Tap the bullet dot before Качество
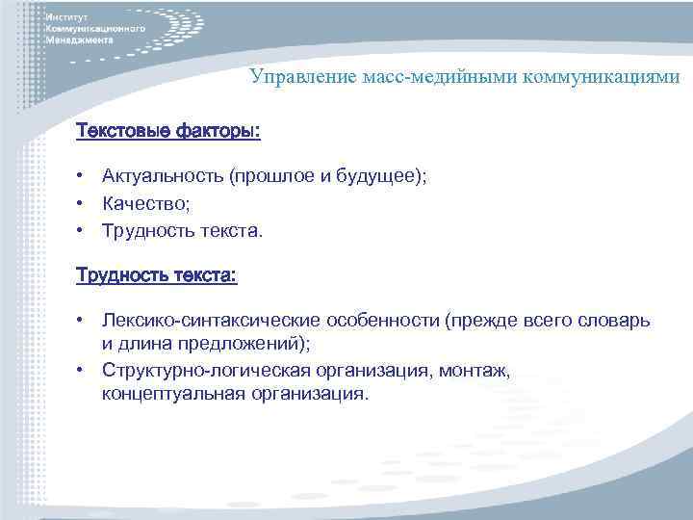[x=85, y=204]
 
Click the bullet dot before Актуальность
[x=85, y=176]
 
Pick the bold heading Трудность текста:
[x=157, y=275]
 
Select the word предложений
[x=244, y=344]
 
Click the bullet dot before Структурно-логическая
[x=85, y=371]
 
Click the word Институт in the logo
[x=66, y=19]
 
